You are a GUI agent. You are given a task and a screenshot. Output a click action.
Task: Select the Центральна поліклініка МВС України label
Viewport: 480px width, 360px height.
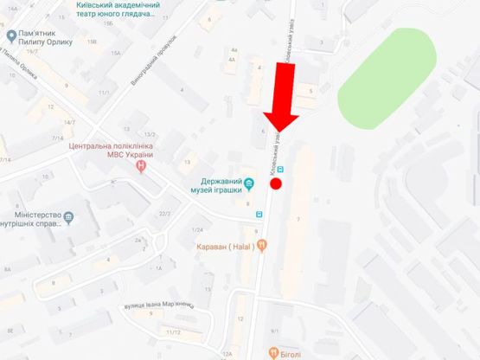(111, 151)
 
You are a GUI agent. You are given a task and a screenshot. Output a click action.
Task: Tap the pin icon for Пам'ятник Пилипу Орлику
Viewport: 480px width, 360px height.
(11, 35)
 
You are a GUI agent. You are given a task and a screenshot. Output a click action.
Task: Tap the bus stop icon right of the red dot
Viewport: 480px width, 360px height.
(289, 170)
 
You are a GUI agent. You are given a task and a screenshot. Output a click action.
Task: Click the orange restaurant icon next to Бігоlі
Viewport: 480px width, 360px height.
(272, 351)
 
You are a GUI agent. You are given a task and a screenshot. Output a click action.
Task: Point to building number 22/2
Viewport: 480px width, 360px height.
(164, 214)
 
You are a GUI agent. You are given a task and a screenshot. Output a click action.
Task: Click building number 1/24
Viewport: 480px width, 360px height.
(198, 229)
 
